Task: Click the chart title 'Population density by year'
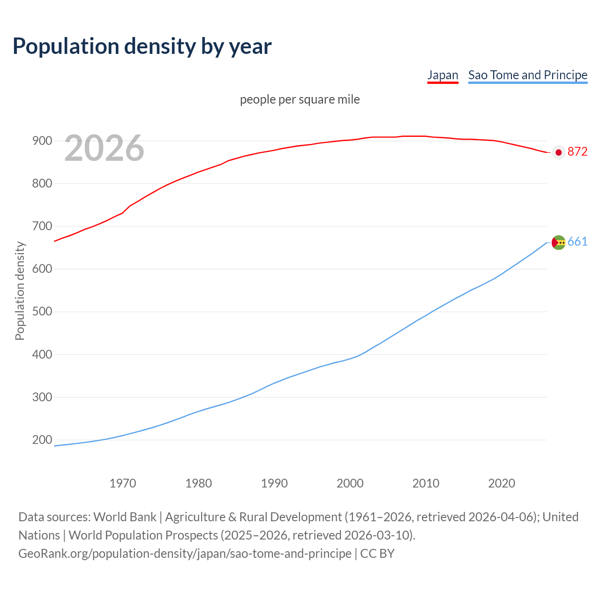(142, 46)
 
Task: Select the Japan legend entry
(442, 75)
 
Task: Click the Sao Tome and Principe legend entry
(528, 75)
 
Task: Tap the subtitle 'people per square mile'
(300, 100)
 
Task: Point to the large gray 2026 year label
(104, 148)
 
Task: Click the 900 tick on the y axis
(42, 141)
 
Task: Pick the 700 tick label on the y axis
(42, 226)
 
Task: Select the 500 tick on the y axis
(42, 312)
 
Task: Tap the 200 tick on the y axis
(42, 440)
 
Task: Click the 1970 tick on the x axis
(123, 483)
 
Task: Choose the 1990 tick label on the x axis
(274, 483)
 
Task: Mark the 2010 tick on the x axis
(426, 483)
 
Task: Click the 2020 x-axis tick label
(502, 483)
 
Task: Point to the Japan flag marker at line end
(558, 152)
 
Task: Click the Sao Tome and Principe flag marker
(558, 242)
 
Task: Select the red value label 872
(577, 151)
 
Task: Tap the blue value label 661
(577, 242)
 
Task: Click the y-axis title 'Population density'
(20, 291)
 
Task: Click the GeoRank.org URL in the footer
(185, 554)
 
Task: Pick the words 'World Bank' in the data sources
(125, 517)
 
